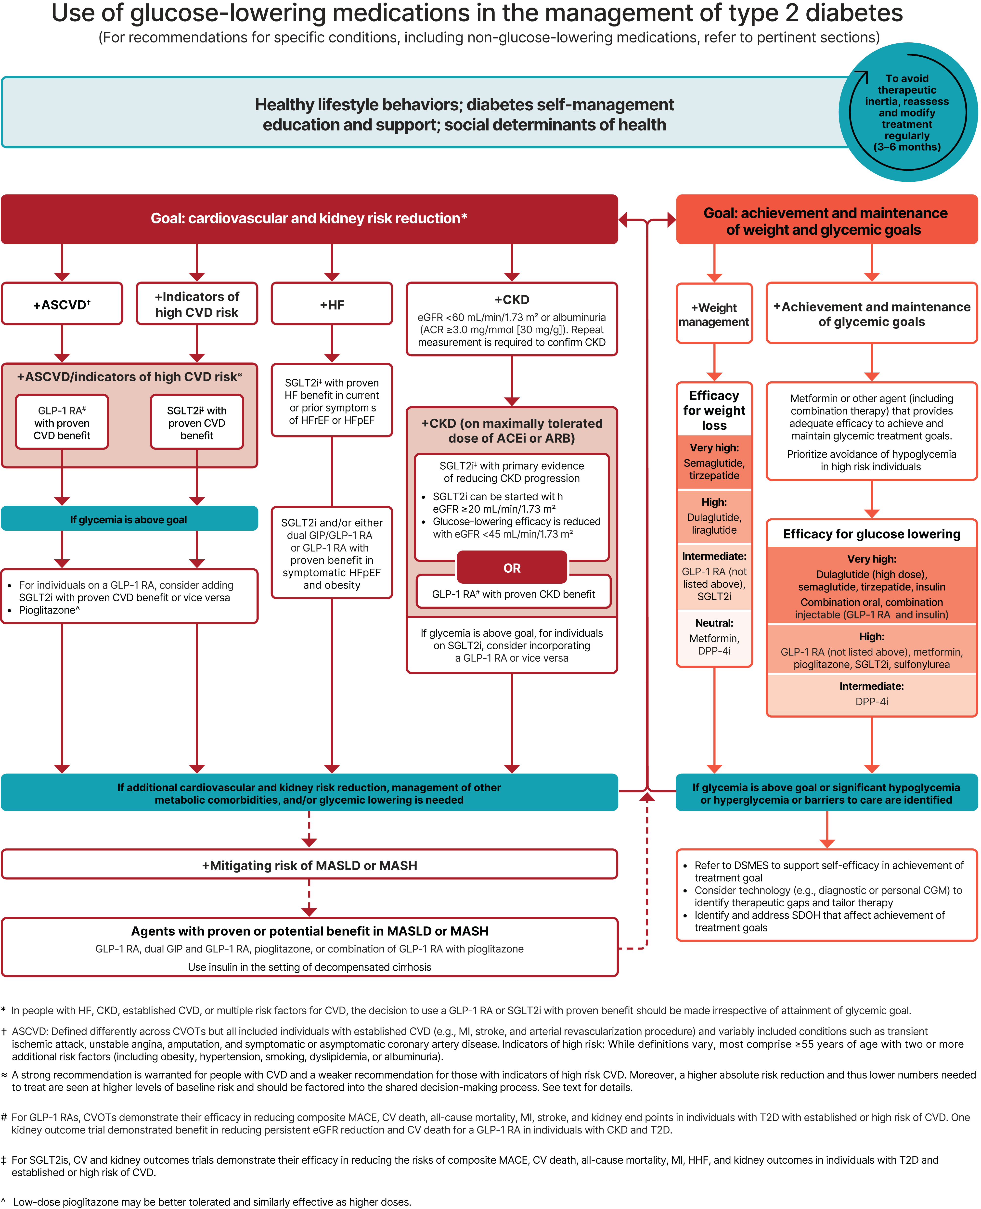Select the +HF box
tap(332, 305)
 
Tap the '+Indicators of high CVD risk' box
tap(197, 305)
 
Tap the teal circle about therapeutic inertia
tap(907, 112)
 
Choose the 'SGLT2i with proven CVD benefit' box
tap(197, 423)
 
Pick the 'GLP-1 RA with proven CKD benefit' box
tap(513, 594)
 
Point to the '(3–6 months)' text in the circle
tap(907, 147)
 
